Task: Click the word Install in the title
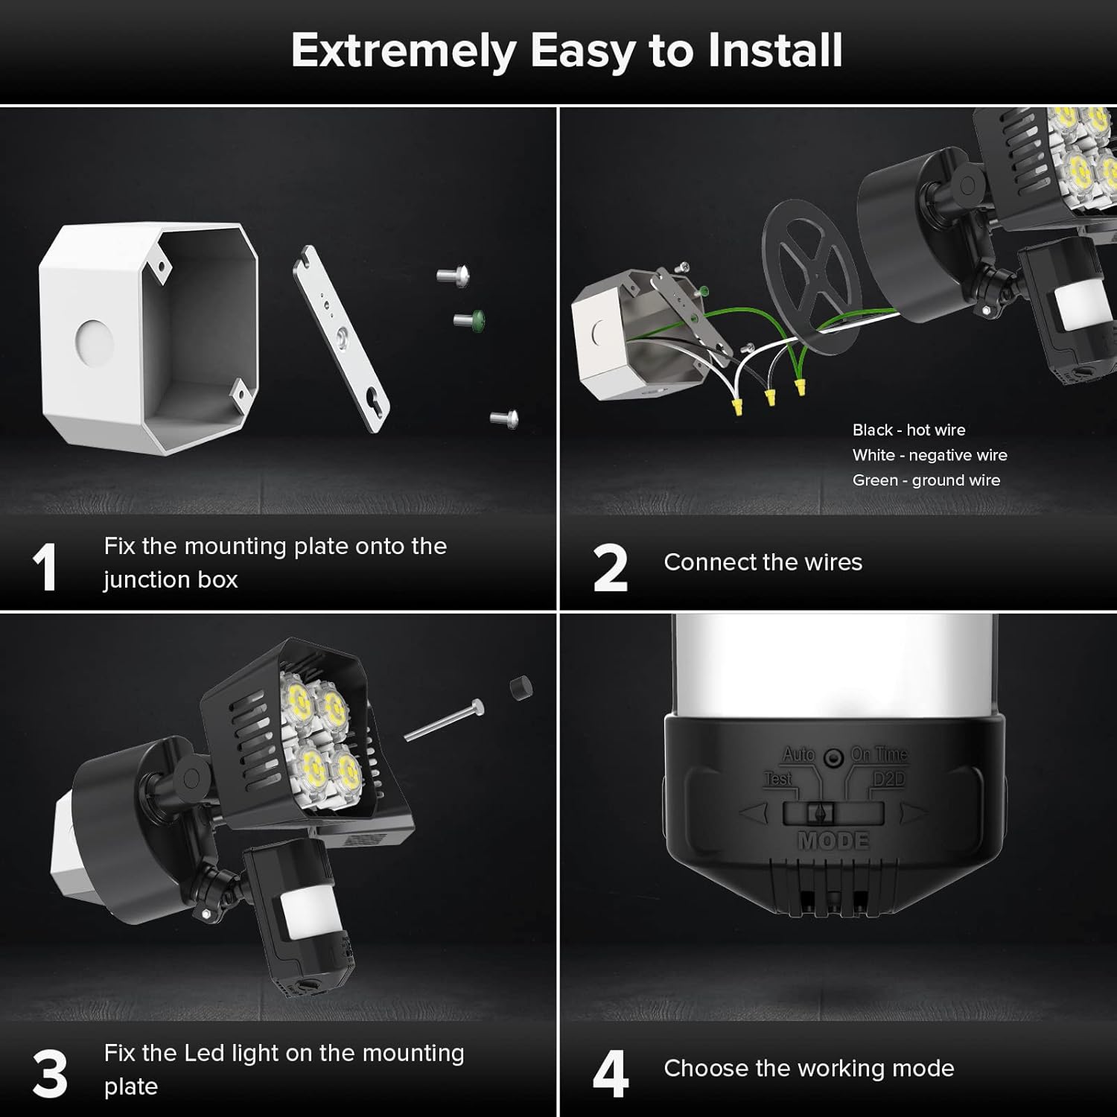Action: [774, 51]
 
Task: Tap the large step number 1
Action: [45, 567]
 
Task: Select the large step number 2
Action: [610, 567]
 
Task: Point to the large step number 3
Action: [50, 1074]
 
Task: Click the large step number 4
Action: [611, 1074]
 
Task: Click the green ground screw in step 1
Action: [471, 321]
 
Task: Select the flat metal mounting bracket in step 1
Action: [341, 339]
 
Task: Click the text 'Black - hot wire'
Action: [908, 430]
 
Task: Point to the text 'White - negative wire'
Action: [929, 455]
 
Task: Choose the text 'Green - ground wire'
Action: [926, 480]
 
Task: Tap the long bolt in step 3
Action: [444, 722]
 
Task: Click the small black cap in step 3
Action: [521, 687]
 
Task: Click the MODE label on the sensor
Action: [833, 841]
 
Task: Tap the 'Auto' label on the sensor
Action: [798, 754]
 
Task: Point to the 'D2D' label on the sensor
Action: [888, 779]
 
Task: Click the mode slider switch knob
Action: [821, 813]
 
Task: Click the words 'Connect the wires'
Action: [763, 562]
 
